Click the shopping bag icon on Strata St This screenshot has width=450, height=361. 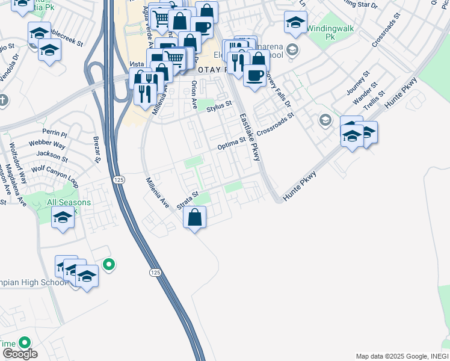point(195,217)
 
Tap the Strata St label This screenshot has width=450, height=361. point(188,201)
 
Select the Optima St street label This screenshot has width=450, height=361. point(232,143)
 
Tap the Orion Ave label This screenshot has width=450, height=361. point(194,94)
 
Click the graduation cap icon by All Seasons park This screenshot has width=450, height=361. point(63,218)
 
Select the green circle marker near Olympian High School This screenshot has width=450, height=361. point(109,264)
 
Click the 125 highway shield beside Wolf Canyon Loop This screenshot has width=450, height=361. point(119,180)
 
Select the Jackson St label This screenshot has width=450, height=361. point(49,154)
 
